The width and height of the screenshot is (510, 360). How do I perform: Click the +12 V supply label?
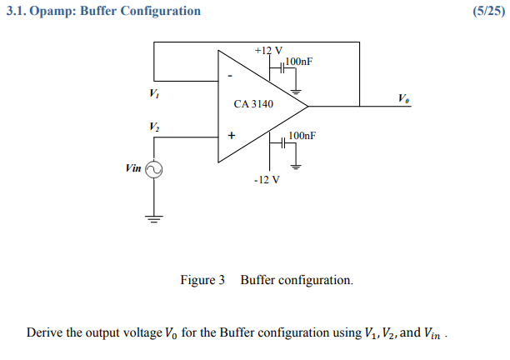268,51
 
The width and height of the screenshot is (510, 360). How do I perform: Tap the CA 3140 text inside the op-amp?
253,104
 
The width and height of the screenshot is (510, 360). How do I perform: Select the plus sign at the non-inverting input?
231,134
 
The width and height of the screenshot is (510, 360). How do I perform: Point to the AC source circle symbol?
154,169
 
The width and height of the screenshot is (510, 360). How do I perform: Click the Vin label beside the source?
133,167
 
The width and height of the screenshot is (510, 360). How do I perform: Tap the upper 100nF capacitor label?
299,62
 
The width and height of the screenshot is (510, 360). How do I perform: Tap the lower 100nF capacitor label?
301,135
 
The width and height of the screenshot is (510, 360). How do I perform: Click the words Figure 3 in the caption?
202,280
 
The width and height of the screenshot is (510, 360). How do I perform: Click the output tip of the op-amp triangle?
307,105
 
